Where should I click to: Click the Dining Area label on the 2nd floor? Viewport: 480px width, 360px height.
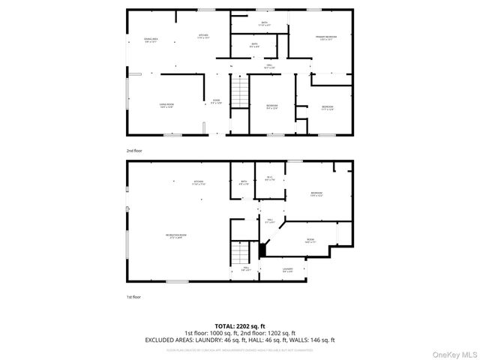(x=151, y=40)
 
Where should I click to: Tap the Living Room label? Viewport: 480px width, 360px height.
(x=166, y=106)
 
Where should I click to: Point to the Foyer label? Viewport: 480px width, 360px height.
(x=216, y=101)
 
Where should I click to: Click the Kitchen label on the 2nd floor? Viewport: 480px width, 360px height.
(x=202, y=36)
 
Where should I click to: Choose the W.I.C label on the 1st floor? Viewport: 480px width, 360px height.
(x=270, y=178)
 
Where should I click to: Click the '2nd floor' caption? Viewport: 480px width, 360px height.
(x=134, y=151)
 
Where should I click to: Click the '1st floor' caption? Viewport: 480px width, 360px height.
(x=133, y=297)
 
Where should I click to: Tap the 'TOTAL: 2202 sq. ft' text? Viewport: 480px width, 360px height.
(x=239, y=325)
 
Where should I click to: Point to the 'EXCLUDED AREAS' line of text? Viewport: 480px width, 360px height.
(x=239, y=340)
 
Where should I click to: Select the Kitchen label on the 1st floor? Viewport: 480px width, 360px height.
(x=198, y=182)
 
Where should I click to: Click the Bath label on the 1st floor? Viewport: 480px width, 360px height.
(x=244, y=181)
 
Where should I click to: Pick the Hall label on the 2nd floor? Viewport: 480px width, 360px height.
(x=269, y=67)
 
